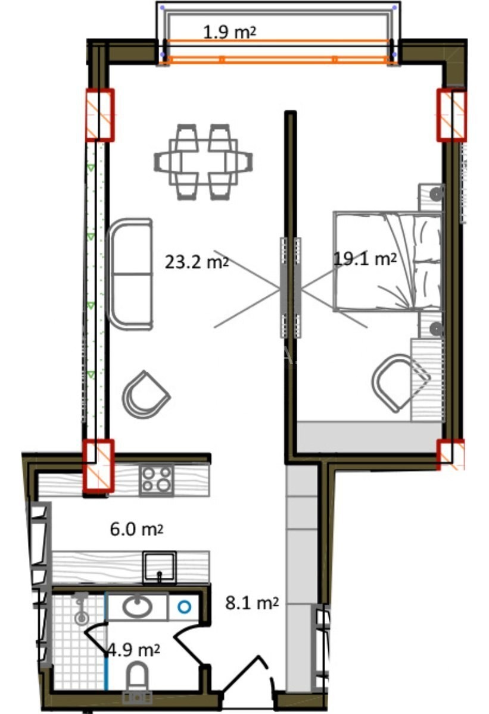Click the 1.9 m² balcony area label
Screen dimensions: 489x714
click(x=230, y=32)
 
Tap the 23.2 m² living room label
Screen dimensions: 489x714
click(x=197, y=262)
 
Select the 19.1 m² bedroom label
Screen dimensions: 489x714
click(x=365, y=259)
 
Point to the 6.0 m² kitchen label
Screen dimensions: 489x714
click(x=136, y=530)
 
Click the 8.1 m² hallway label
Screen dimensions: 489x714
click(x=252, y=603)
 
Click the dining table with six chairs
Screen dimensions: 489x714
click(x=204, y=162)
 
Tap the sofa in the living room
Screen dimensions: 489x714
click(x=129, y=274)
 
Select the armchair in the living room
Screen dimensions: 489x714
click(x=146, y=394)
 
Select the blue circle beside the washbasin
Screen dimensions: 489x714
click(x=185, y=607)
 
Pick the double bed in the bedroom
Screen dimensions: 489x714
click(x=388, y=261)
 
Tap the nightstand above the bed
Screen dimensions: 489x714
click(x=431, y=197)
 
